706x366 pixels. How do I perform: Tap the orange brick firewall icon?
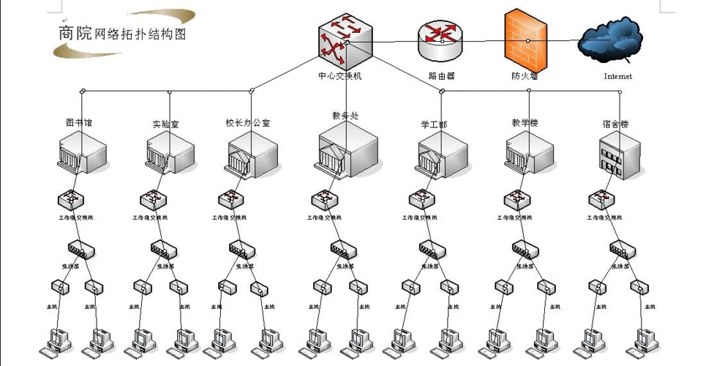pyautogui.click(x=525, y=36)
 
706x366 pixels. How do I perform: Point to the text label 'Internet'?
pyautogui.click(x=617, y=76)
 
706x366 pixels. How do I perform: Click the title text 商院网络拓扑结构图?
pyautogui.click(x=122, y=34)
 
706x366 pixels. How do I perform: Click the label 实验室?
pyautogui.click(x=166, y=124)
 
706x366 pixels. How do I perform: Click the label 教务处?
pyautogui.click(x=345, y=115)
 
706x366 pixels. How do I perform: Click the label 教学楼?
pyautogui.click(x=525, y=123)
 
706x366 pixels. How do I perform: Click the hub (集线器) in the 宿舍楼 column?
pyautogui.click(x=623, y=250)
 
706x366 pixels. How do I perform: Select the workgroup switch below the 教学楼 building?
pyautogui.click(x=518, y=199)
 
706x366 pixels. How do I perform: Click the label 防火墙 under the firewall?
pyautogui.click(x=524, y=75)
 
